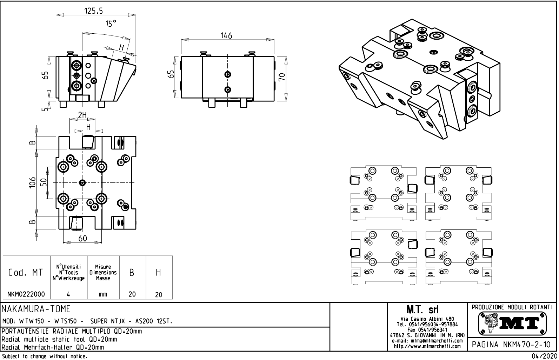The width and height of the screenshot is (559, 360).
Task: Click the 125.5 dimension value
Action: point(93,11)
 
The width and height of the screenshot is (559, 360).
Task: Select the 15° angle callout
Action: point(111,24)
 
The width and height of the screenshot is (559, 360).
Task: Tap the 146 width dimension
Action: point(226,35)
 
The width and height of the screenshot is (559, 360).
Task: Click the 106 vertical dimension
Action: point(33,182)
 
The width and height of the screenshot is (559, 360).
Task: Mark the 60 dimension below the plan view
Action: point(83,239)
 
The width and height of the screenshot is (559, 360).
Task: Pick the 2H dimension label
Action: point(82,115)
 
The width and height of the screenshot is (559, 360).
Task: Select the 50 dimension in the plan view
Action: point(44,182)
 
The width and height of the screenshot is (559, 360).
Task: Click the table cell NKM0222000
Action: point(26,294)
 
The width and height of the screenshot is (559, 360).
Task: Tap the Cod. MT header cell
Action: point(26,273)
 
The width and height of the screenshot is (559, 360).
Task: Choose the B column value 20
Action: point(132,294)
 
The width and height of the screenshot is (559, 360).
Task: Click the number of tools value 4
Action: point(68,294)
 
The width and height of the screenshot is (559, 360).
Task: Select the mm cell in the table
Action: point(103,294)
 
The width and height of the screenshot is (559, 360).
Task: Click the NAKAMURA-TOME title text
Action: point(36,309)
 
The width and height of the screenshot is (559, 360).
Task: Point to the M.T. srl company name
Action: point(427,310)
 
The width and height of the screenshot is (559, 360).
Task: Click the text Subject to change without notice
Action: point(44,356)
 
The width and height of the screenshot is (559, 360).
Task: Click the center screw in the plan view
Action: point(82,182)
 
